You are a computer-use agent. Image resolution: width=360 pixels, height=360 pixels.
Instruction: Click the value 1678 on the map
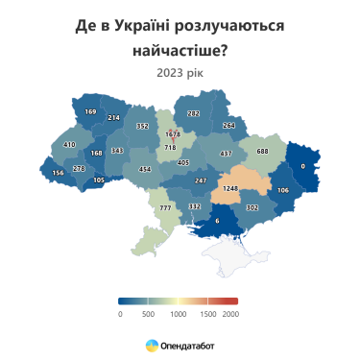(173, 134)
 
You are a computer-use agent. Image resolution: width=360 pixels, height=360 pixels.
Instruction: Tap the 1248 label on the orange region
(230, 188)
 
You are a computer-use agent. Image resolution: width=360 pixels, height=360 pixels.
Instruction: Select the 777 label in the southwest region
(164, 208)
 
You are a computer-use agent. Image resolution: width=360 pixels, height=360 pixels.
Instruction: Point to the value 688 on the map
(262, 151)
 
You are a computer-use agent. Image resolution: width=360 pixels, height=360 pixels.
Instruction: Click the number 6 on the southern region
(217, 221)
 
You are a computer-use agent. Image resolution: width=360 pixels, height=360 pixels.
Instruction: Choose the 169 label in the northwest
(91, 112)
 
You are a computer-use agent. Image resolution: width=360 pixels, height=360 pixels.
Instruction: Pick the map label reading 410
(69, 145)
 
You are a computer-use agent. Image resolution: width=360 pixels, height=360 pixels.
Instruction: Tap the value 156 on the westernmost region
(59, 173)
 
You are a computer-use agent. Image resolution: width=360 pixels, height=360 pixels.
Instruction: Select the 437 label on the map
(226, 154)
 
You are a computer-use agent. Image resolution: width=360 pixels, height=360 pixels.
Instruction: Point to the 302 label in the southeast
(252, 207)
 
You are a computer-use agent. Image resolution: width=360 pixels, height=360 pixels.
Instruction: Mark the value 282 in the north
(193, 113)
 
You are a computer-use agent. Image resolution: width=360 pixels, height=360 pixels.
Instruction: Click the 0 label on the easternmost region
(302, 166)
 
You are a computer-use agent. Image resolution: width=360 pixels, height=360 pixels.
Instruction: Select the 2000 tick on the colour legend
(230, 313)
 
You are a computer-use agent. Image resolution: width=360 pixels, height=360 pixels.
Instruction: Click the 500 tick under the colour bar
(148, 313)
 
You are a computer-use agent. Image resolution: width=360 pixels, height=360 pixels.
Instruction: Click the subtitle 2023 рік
(180, 71)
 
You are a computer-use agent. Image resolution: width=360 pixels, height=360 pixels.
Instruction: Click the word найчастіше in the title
(180, 47)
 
